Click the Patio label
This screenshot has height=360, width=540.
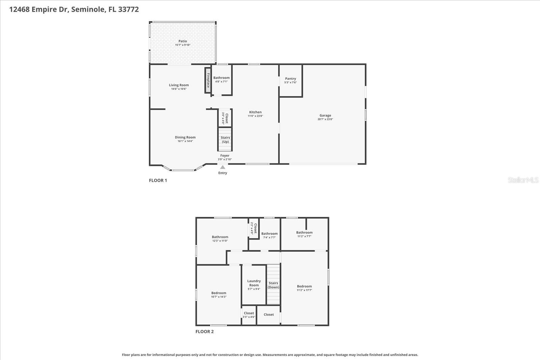point(183,41)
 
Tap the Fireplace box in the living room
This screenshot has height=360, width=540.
point(208,80)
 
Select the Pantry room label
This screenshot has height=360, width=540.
point(290,79)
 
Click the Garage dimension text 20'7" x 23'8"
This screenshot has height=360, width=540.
point(325,119)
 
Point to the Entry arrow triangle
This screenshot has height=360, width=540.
point(222,167)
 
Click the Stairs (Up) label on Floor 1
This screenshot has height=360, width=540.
point(225,139)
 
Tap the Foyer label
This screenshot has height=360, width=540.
point(225,156)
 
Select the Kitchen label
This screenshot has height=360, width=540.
point(255,112)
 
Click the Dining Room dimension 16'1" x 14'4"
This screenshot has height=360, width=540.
point(185,141)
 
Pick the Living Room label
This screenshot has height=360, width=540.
point(179,85)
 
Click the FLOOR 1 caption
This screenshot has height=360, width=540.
point(158,180)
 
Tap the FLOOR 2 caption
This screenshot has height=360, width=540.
point(205,331)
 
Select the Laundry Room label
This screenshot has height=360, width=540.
point(254,283)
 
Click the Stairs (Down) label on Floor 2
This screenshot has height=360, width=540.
point(273,285)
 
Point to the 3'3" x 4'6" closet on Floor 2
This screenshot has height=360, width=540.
point(249,315)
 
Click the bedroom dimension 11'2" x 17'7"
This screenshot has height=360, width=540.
point(304,290)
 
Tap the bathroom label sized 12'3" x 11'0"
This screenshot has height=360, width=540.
point(220,237)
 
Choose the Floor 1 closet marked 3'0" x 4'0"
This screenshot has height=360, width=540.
point(225,118)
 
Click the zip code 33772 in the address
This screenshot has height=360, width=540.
point(129,9)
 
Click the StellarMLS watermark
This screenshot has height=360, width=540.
point(523,180)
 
